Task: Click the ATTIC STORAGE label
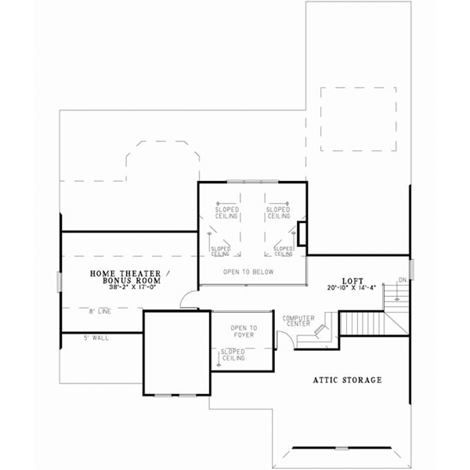(347, 380)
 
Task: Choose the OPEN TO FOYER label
(244, 333)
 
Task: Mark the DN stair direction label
(402, 280)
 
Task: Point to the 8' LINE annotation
(99, 312)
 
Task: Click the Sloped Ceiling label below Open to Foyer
(233, 355)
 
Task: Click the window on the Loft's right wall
(410, 267)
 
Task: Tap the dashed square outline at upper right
(348, 118)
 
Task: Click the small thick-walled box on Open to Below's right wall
(301, 233)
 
